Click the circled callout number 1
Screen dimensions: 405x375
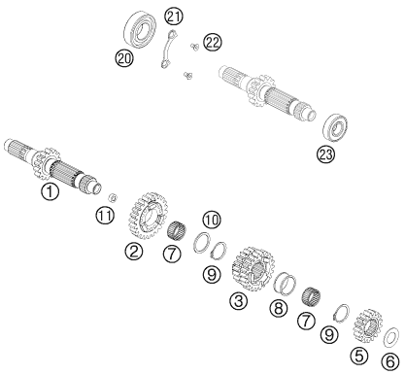[x=50, y=191]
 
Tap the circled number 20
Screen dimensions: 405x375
[x=124, y=58]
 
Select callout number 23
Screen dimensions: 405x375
[x=325, y=154]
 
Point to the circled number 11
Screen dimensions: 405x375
[x=105, y=216]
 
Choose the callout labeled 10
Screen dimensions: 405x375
[x=211, y=221]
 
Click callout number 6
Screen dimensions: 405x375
[x=390, y=361]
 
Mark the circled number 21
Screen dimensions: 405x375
[x=174, y=17]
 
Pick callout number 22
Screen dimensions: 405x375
[x=213, y=43]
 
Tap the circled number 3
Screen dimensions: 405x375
[x=238, y=301]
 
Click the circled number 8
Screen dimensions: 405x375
[x=279, y=308]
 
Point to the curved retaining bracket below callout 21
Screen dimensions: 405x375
[x=167, y=49]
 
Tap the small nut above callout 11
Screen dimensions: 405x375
[x=113, y=197]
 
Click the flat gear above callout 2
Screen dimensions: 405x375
[x=148, y=216]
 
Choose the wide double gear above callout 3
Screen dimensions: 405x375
[x=253, y=268]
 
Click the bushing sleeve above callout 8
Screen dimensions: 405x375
[x=285, y=284]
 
